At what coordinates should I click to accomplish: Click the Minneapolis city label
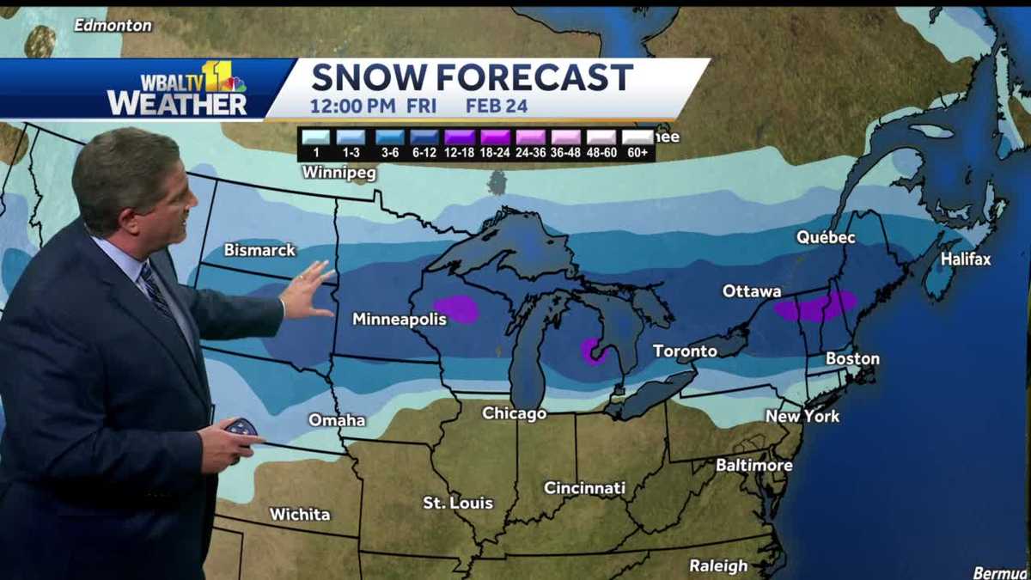click(400, 319)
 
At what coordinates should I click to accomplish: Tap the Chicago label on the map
click(514, 413)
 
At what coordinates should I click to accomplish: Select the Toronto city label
click(685, 351)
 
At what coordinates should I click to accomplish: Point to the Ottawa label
click(752, 291)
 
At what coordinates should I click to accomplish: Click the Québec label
click(825, 237)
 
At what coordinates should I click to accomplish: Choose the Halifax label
click(966, 259)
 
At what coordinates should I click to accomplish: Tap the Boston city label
click(852, 358)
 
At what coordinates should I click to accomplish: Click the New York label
click(802, 416)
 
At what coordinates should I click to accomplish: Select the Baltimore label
click(754, 465)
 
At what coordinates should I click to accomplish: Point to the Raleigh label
click(718, 565)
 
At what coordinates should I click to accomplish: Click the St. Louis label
click(458, 503)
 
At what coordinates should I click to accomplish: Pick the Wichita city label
click(300, 514)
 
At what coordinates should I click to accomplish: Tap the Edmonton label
click(113, 26)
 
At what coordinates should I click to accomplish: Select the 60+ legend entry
click(638, 145)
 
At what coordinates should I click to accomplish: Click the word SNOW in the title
click(369, 77)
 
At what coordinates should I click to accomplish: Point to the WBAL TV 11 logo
click(177, 89)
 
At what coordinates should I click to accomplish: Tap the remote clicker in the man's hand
click(241, 427)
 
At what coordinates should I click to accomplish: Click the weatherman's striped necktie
click(156, 290)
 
